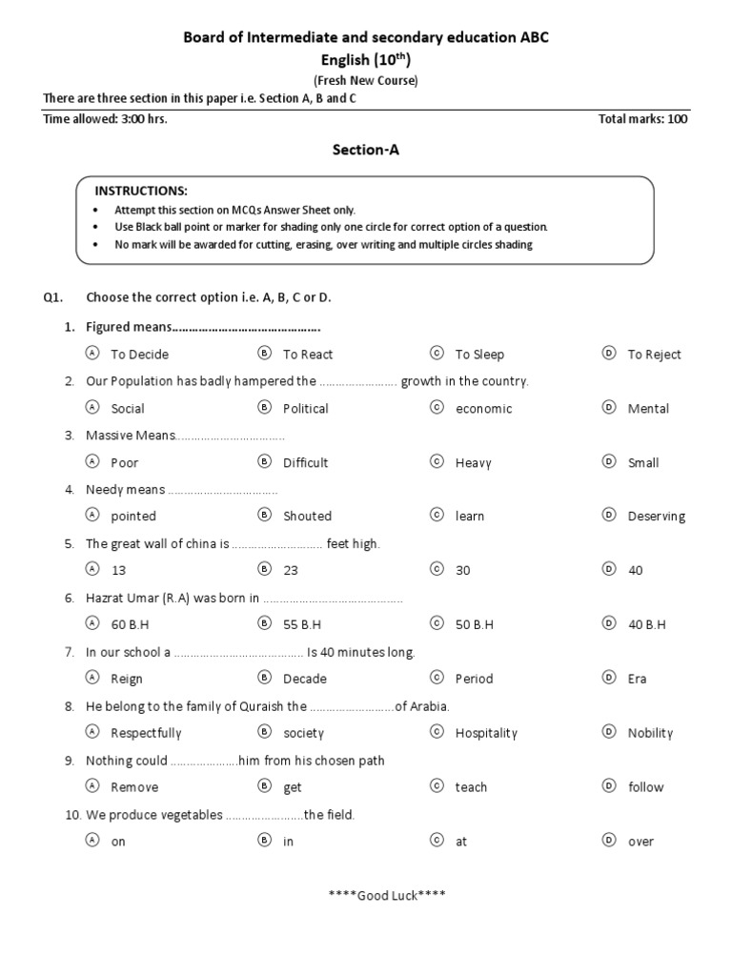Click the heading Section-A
click(x=365, y=149)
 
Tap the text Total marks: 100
click(x=642, y=119)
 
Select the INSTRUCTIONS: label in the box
click(x=141, y=191)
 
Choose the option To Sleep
click(x=479, y=355)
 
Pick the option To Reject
click(x=654, y=355)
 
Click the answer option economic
click(x=483, y=409)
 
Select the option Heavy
click(x=473, y=463)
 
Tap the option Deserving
click(x=656, y=517)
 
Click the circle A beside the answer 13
click(x=92, y=569)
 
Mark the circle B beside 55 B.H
click(x=264, y=623)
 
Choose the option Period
click(x=474, y=679)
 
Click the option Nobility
click(x=650, y=733)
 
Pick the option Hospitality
click(x=486, y=733)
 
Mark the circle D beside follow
click(x=608, y=786)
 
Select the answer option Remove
click(x=134, y=787)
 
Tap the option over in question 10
click(x=640, y=842)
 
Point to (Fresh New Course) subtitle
click(x=366, y=80)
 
